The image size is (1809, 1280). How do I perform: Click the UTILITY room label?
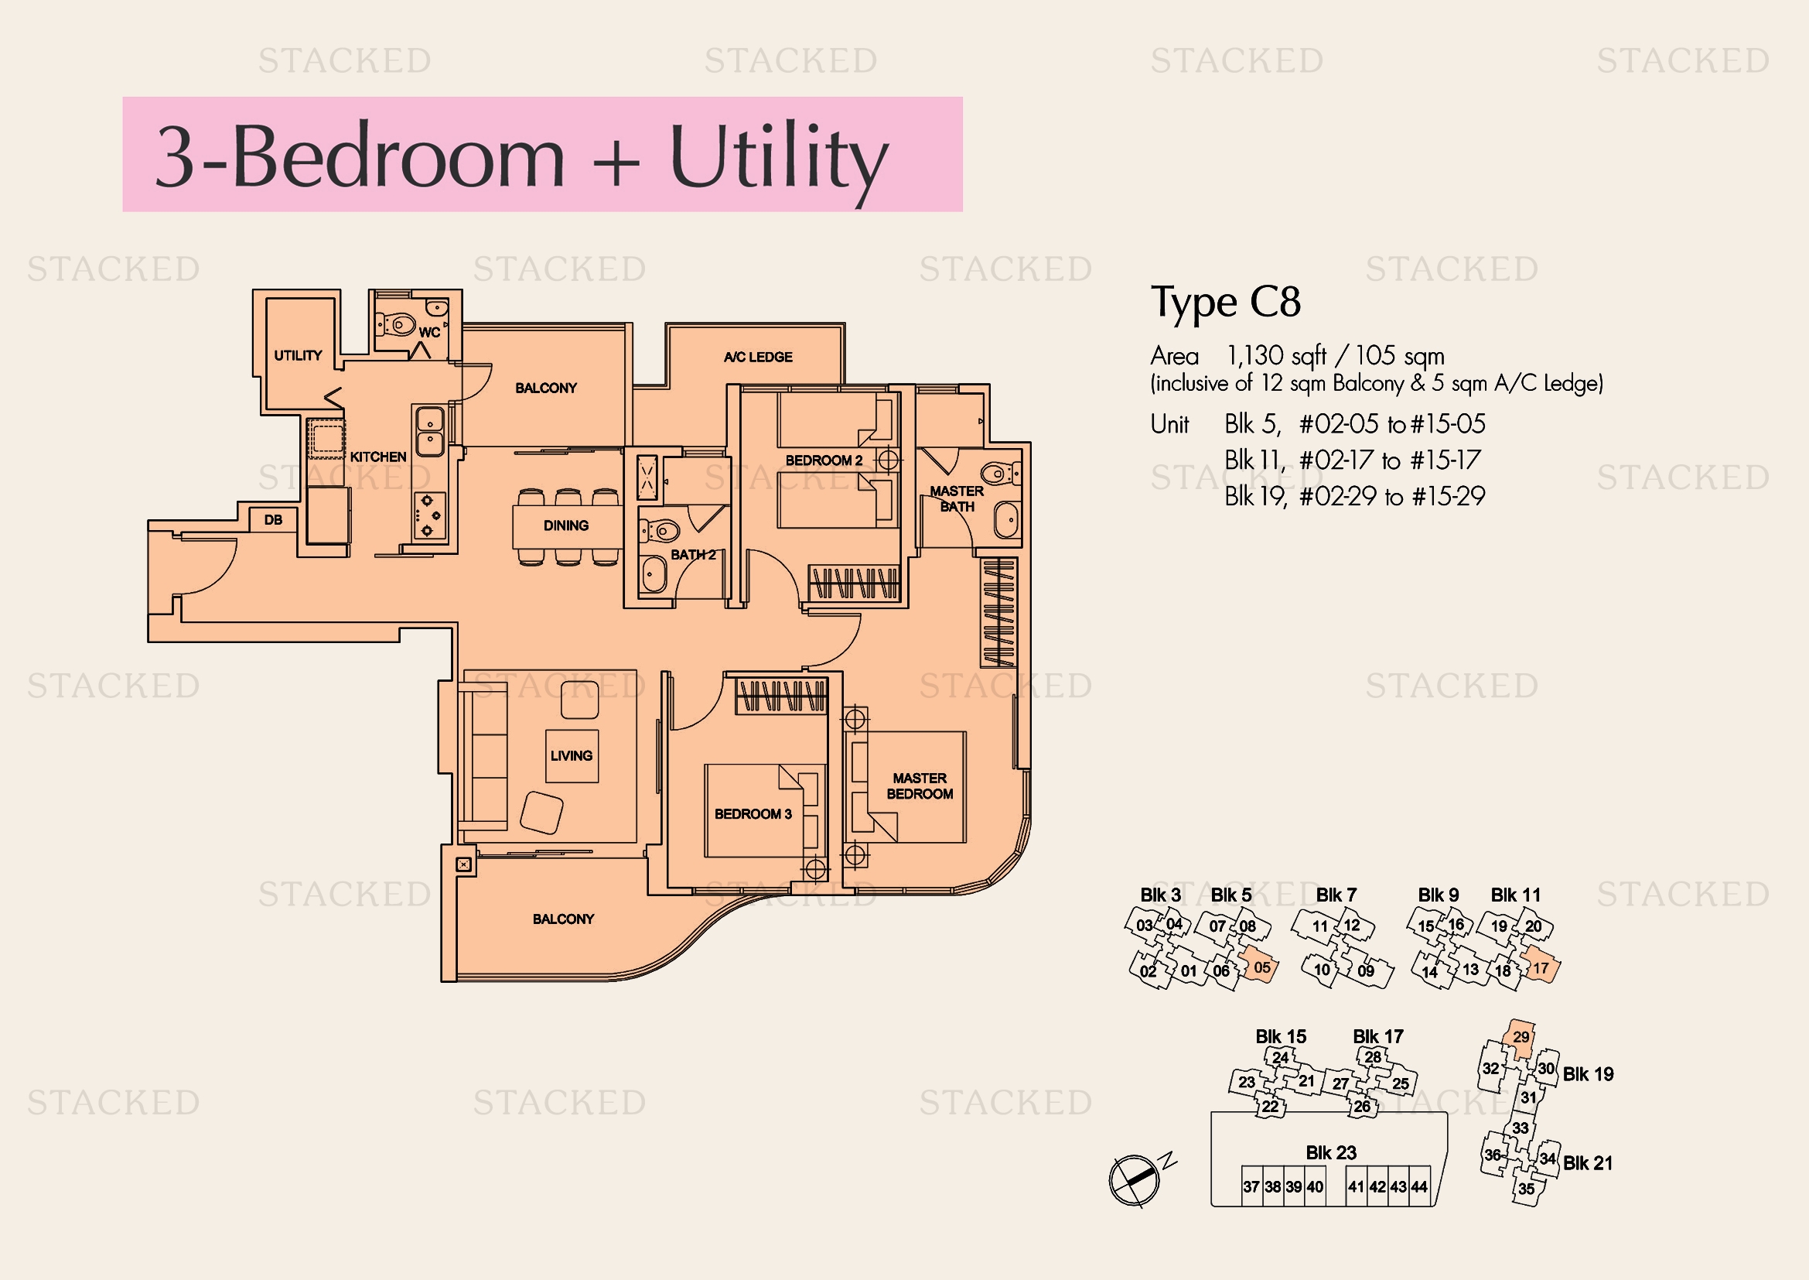point(298,355)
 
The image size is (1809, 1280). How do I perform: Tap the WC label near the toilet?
point(429,333)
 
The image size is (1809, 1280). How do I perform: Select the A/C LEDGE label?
point(758,357)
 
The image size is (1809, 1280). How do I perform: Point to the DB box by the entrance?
point(272,519)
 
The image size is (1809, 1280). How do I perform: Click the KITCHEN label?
point(378,457)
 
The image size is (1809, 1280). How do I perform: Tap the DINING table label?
point(565,525)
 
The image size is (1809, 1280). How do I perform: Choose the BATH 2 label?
point(693,555)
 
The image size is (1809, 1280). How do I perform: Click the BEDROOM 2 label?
point(824,460)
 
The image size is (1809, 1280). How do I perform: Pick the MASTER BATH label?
point(957,499)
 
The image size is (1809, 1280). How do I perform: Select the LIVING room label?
point(572,756)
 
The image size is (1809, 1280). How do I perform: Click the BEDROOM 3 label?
point(753,814)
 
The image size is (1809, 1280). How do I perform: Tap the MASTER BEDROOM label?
point(920,785)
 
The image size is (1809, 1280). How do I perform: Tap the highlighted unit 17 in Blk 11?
point(1541,968)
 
